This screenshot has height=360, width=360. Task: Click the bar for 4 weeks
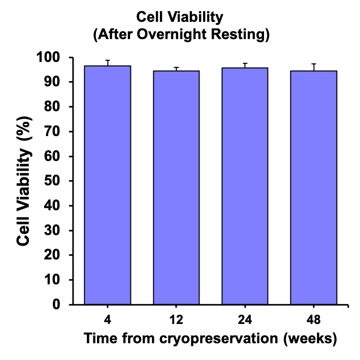(x=108, y=185)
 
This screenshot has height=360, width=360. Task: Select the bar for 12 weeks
(x=176, y=187)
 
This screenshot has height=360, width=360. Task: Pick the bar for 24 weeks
(x=245, y=186)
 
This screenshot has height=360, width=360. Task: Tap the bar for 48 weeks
(x=314, y=187)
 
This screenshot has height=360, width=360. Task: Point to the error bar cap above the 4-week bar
(x=108, y=60)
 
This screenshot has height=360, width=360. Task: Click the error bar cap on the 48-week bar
(x=314, y=64)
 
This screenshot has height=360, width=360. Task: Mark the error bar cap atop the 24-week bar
(x=245, y=63)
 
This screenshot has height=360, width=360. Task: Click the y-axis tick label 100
(x=48, y=57)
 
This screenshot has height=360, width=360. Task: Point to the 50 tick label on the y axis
(x=52, y=181)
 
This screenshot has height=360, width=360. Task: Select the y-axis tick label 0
(x=56, y=305)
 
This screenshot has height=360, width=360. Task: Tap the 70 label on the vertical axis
(x=52, y=132)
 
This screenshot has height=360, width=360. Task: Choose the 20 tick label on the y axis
(x=52, y=255)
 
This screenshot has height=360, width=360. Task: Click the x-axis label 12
(x=176, y=319)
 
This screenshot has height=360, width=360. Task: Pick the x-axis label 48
(x=314, y=319)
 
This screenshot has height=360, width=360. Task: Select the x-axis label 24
(x=245, y=319)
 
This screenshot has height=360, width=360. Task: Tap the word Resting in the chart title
(x=240, y=35)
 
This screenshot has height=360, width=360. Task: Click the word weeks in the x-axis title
(x=310, y=338)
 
